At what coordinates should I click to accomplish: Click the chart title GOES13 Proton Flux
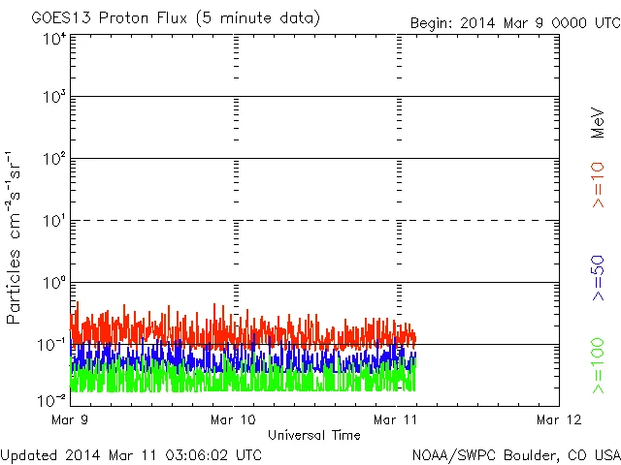point(175,18)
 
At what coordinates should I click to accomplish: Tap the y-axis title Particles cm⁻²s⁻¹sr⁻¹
point(15,237)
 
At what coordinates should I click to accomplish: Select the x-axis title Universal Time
point(314,435)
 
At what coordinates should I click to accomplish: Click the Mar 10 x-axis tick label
point(234,419)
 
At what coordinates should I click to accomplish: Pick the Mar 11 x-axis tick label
point(396,419)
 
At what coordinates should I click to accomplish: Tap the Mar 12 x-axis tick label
point(558,419)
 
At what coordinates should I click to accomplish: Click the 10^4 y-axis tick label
point(53,40)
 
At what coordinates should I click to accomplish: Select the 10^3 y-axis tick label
point(53,98)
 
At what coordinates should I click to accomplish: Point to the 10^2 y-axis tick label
point(53,160)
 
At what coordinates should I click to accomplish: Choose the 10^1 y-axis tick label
point(53,222)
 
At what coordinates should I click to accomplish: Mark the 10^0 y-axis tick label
point(53,284)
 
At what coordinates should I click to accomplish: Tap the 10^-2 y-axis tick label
point(51,400)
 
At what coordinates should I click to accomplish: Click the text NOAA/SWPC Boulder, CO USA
point(515,454)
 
